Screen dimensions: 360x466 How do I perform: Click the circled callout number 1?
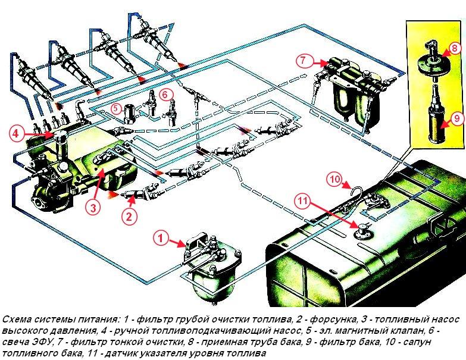pyautogui.click(x=159, y=237)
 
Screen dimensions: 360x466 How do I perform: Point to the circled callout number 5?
pyautogui.click(x=117, y=108)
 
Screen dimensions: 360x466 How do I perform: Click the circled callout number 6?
pyautogui.click(x=167, y=93)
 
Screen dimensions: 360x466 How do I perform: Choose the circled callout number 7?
pyautogui.click(x=302, y=60)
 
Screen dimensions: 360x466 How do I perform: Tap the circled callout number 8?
pyautogui.click(x=454, y=48)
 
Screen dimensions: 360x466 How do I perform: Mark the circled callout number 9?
pyautogui.click(x=455, y=119)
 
